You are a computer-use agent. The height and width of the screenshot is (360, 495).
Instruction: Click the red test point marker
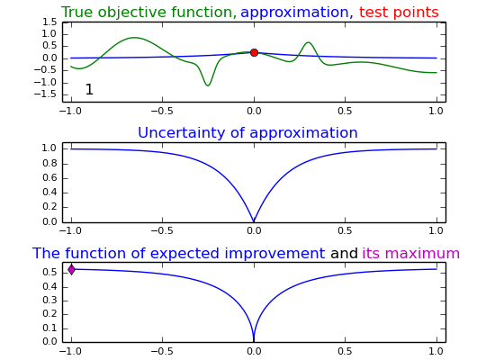tap(254, 53)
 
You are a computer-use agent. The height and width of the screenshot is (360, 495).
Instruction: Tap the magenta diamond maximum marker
tap(72, 270)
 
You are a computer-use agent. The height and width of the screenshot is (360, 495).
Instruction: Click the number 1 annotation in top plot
tap(89, 89)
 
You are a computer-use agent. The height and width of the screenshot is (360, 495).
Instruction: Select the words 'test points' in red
tap(399, 13)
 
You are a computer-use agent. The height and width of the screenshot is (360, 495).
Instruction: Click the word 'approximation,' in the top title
tap(297, 13)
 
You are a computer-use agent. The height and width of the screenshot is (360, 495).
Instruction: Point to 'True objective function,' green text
tap(148, 13)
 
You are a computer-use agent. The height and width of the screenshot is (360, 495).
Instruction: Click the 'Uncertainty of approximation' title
tap(247, 133)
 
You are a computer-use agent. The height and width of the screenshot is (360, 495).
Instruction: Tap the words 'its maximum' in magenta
tap(410, 253)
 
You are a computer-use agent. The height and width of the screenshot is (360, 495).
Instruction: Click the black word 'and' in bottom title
tap(344, 253)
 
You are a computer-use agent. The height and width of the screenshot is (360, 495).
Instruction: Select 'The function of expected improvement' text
tap(179, 254)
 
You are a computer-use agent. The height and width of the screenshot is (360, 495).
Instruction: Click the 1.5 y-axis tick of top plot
tap(49, 22)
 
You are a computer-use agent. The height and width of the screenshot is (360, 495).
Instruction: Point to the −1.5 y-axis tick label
tap(45, 94)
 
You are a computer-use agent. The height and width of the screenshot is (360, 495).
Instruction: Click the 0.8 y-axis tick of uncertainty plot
tap(49, 164)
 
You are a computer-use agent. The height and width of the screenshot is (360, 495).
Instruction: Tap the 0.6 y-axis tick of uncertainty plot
tap(49, 178)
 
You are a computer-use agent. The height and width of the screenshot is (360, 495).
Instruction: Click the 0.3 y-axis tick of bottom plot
tap(49, 300)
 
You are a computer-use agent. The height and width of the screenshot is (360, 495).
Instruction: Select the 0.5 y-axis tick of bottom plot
tap(49, 272)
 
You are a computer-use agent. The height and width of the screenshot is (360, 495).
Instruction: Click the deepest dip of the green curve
tap(207, 85)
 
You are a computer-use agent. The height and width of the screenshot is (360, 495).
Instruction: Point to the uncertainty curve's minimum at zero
tap(254, 221)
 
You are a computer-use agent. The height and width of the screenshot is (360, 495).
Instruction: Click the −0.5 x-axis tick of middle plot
tap(162, 230)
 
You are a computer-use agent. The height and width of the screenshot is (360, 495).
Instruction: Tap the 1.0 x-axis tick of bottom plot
tap(436, 351)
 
